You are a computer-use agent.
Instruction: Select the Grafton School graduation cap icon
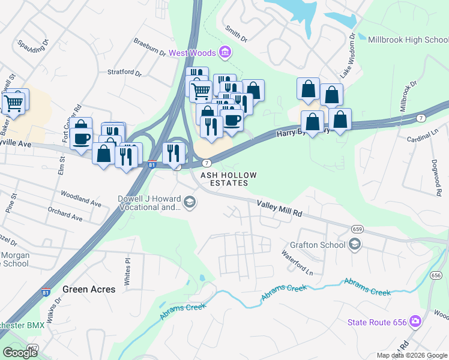click(x=355, y=244)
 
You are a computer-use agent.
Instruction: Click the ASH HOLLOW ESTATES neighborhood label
click(x=228, y=179)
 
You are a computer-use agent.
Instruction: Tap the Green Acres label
click(x=89, y=289)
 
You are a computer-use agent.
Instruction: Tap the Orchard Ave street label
click(x=65, y=215)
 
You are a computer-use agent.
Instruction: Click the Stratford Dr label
click(x=124, y=74)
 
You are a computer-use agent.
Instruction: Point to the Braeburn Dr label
click(x=149, y=48)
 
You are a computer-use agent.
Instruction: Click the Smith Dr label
click(x=236, y=33)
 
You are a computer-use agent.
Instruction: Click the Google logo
click(x=20, y=353)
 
